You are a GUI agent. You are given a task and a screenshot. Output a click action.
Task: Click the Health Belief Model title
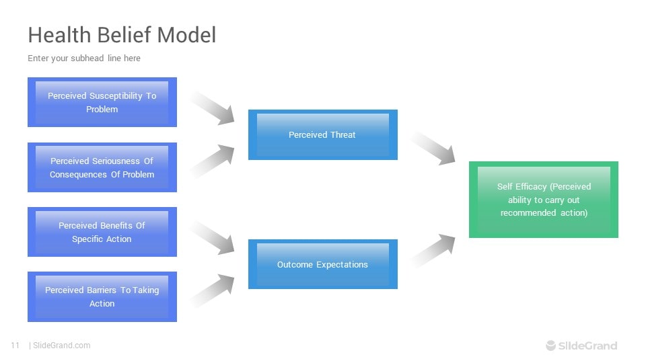(x=122, y=35)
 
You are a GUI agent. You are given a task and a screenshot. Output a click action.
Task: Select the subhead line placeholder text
(x=84, y=58)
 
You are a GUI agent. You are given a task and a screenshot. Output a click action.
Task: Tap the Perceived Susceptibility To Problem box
(x=102, y=102)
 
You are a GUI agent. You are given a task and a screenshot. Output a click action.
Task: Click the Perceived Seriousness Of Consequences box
(x=102, y=167)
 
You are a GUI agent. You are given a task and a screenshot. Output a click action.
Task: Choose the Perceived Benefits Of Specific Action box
(x=102, y=232)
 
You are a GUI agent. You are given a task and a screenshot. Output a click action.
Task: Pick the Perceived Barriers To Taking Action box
(x=102, y=296)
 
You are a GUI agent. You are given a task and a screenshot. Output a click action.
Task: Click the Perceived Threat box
(x=322, y=135)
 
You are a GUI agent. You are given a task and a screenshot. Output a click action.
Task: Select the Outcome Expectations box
(x=322, y=264)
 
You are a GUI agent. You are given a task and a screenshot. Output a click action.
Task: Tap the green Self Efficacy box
(x=543, y=200)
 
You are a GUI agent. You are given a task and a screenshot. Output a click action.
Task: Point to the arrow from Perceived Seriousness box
(x=214, y=161)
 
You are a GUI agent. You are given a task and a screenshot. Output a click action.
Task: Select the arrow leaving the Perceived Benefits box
(x=214, y=238)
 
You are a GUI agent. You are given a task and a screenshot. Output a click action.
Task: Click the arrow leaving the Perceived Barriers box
(x=214, y=290)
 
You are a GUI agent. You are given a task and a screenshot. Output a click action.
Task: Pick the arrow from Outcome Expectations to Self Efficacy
(x=435, y=251)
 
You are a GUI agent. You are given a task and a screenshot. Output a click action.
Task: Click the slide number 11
(x=15, y=346)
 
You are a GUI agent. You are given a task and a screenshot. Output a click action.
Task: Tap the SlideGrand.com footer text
(x=61, y=346)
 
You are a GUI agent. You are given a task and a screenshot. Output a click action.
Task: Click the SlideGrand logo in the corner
(x=581, y=346)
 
